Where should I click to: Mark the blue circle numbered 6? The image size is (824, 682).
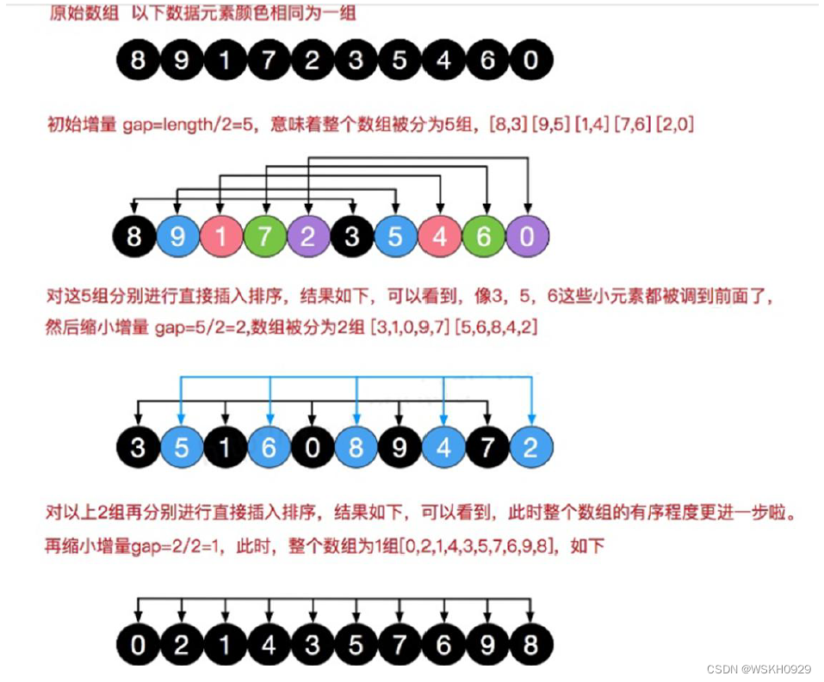coord(270,447)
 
